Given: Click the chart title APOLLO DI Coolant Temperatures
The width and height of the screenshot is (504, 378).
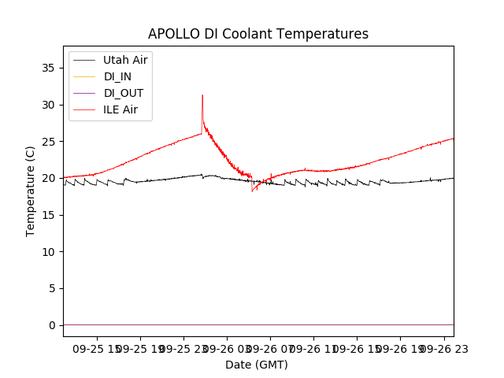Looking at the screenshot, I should (x=258, y=34).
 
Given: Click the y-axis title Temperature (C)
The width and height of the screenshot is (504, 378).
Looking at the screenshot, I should (x=31, y=191).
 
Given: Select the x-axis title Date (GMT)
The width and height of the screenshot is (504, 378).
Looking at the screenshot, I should (x=257, y=365).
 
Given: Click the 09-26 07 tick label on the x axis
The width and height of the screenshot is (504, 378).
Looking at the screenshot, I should (x=269, y=348).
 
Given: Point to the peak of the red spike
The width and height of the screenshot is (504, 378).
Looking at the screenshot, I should (x=202, y=95).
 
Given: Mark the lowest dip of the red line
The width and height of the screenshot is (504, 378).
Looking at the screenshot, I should (x=252, y=191).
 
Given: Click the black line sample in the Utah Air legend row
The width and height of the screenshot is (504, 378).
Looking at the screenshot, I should (x=85, y=60).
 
